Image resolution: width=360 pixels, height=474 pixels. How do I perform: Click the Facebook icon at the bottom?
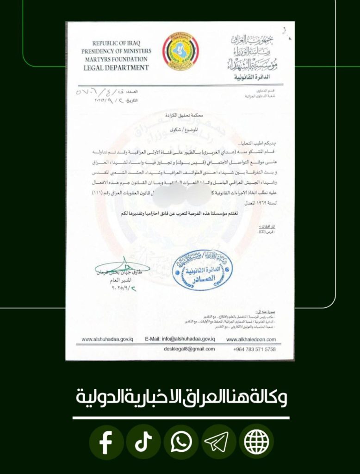point(106,443)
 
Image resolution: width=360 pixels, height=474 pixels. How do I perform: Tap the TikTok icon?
point(143,443)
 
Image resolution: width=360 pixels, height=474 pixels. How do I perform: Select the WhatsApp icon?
point(181,443)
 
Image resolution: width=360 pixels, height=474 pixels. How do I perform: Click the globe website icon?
point(256,443)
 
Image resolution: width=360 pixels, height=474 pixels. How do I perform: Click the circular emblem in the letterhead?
point(180,51)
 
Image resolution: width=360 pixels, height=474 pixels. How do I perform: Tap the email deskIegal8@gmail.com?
point(189,349)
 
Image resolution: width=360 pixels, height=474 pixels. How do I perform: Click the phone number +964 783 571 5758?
point(254,349)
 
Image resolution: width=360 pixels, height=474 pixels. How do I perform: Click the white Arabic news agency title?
point(180,398)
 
